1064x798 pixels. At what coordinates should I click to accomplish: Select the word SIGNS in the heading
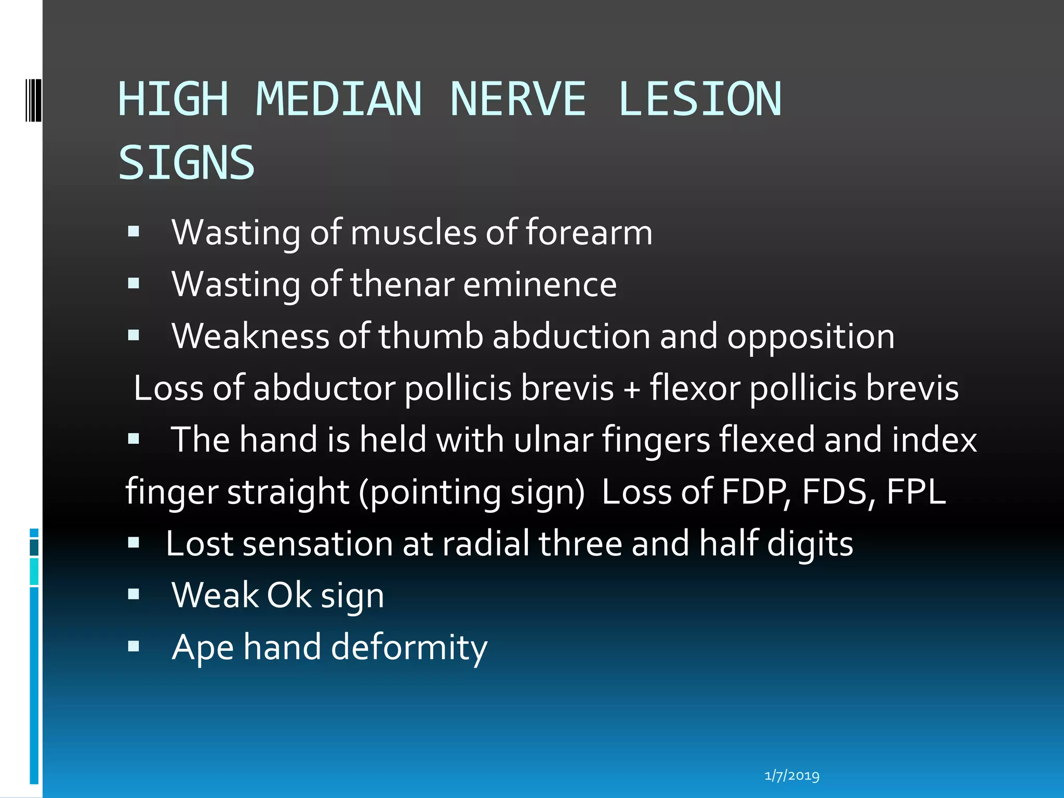pyautogui.click(x=187, y=163)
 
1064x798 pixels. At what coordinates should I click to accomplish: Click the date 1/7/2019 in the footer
pyautogui.click(x=792, y=776)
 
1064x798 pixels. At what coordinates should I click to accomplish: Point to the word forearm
pyautogui.click(x=589, y=232)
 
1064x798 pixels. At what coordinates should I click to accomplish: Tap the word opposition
pyautogui.click(x=810, y=337)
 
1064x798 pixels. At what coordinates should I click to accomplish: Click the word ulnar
pyautogui.click(x=553, y=440)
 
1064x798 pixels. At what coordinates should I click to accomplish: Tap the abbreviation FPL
pyautogui.click(x=916, y=492)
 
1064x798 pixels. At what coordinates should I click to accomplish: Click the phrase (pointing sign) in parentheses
pyautogui.click(x=472, y=492)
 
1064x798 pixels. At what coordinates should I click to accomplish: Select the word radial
pyautogui.click(x=486, y=544)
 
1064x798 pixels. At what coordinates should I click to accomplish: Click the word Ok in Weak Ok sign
pyautogui.click(x=289, y=595)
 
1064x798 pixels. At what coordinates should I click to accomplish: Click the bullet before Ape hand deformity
pyautogui.click(x=134, y=646)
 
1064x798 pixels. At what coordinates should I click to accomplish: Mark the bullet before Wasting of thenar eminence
pyautogui.click(x=134, y=283)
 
